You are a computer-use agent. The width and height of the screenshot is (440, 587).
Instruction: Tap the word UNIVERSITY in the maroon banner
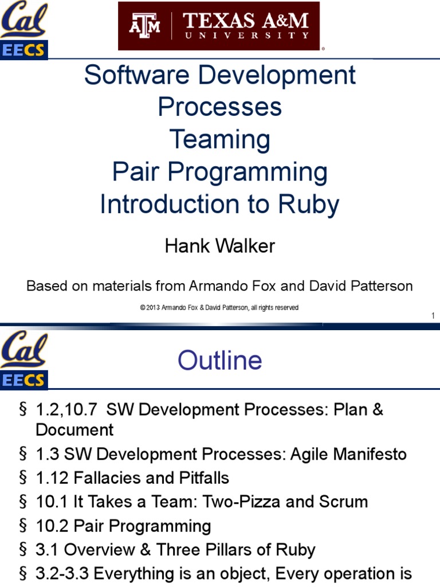pos(246,36)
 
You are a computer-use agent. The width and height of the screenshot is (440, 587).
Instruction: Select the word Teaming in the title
pos(220,139)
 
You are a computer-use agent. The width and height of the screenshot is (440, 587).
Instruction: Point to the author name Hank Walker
pos(220,246)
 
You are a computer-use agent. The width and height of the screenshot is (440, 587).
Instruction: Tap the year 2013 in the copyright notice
pos(153,308)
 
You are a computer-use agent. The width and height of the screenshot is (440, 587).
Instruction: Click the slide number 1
pos(433,316)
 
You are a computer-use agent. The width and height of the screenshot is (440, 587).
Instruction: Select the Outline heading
pos(220,360)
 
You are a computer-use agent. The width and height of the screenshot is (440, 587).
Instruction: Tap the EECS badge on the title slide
pos(23,50)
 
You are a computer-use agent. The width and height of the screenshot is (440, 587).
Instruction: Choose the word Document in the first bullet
pos(74,430)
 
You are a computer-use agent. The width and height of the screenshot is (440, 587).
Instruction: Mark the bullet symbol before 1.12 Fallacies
pos(23,478)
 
